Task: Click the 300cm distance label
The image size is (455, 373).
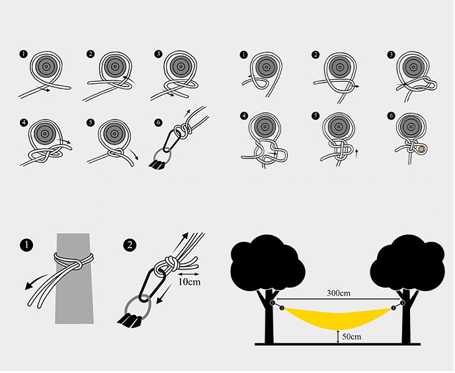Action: tap(339, 293)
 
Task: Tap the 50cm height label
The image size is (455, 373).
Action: tap(352, 337)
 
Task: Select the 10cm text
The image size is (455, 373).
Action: tap(189, 282)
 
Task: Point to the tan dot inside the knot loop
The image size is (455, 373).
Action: tap(421, 149)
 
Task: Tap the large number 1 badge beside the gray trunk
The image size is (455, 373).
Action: tap(26, 245)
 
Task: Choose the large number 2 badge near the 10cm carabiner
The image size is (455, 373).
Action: tap(130, 245)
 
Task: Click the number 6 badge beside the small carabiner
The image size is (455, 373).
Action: tap(158, 122)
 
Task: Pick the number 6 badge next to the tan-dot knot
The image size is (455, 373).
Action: tap(391, 116)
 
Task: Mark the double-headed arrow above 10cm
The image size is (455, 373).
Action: tap(188, 274)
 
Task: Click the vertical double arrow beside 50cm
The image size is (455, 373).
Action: tap(338, 337)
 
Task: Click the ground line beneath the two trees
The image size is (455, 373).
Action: tap(337, 344)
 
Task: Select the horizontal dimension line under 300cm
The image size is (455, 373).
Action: tap(338, 299)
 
